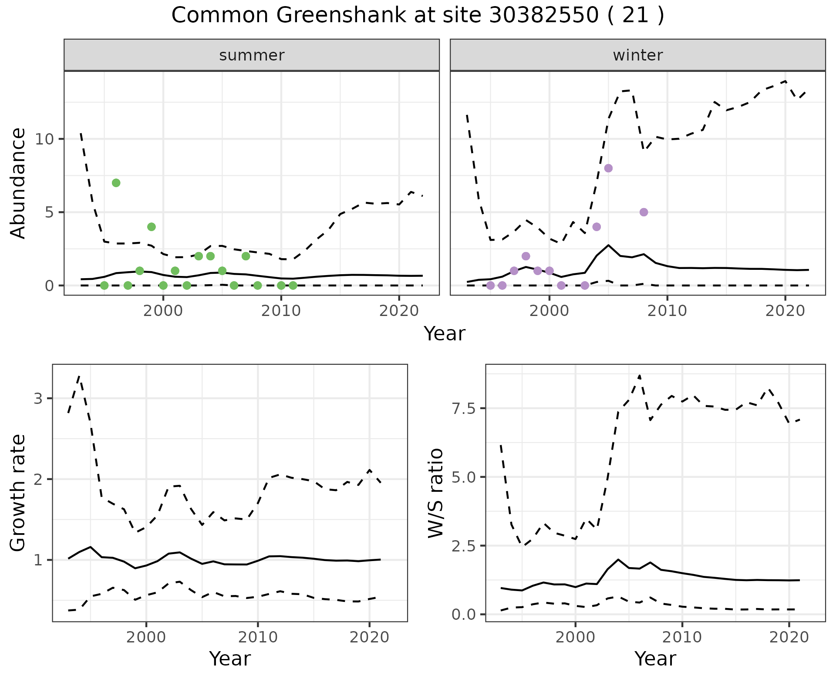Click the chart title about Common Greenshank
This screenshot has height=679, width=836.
click(418, 16)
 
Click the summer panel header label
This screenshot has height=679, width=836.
click(252, 55)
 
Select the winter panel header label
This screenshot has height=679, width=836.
click(637, 55)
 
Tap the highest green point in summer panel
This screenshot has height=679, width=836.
click(116, 183)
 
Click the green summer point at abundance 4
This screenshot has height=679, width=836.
click(152, 227)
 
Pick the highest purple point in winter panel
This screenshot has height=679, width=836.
click(608, 168)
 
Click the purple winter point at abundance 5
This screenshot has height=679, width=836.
click(644, 212)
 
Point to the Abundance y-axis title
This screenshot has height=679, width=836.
click(18, 183)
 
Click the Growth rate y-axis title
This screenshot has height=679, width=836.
click(18, 493)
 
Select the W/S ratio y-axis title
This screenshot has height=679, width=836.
click(435, 493)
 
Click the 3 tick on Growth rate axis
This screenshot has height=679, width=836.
click(39, 399)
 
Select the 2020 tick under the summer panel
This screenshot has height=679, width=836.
click(399, 311)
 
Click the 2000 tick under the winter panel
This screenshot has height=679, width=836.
click(549, 311)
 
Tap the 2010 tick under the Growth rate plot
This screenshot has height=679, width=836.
click(258, 638)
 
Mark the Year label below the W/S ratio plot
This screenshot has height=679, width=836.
click(655, 659)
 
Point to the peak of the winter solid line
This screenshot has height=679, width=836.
click(608, 245)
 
